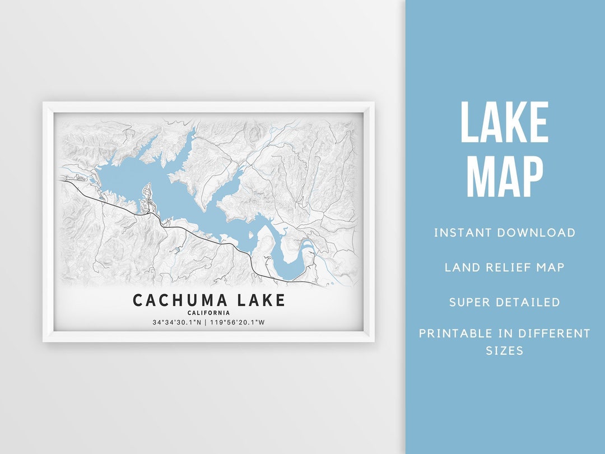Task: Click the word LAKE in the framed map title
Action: pos(261,300)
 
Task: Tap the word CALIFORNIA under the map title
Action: pos(208,313)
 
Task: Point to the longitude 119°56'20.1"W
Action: pos(238,322)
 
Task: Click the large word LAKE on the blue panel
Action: pos(504,123)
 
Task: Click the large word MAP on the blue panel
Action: pos(504,177)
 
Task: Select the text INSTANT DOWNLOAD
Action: pos(504,233)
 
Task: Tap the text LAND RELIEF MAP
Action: pos(504,267)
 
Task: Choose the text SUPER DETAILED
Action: pos(504,302)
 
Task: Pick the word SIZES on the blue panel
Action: pos(504,351)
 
